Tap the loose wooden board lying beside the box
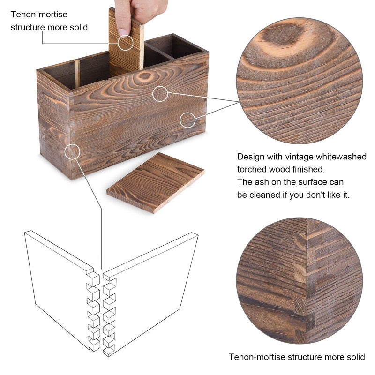tap(156, 183)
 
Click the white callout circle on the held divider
tap(125, 43)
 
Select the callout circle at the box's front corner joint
tap(72, 151)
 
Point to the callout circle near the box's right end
tap(187, 120)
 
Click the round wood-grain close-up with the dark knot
tap(300, 81)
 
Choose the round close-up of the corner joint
tap(300, 281)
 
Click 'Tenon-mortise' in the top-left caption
tap(39, 15)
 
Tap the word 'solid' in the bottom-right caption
tap(355, 357)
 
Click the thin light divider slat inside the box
tap(77, 74)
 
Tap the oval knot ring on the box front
tap(145, 76)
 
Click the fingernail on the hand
tap(123, 32)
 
